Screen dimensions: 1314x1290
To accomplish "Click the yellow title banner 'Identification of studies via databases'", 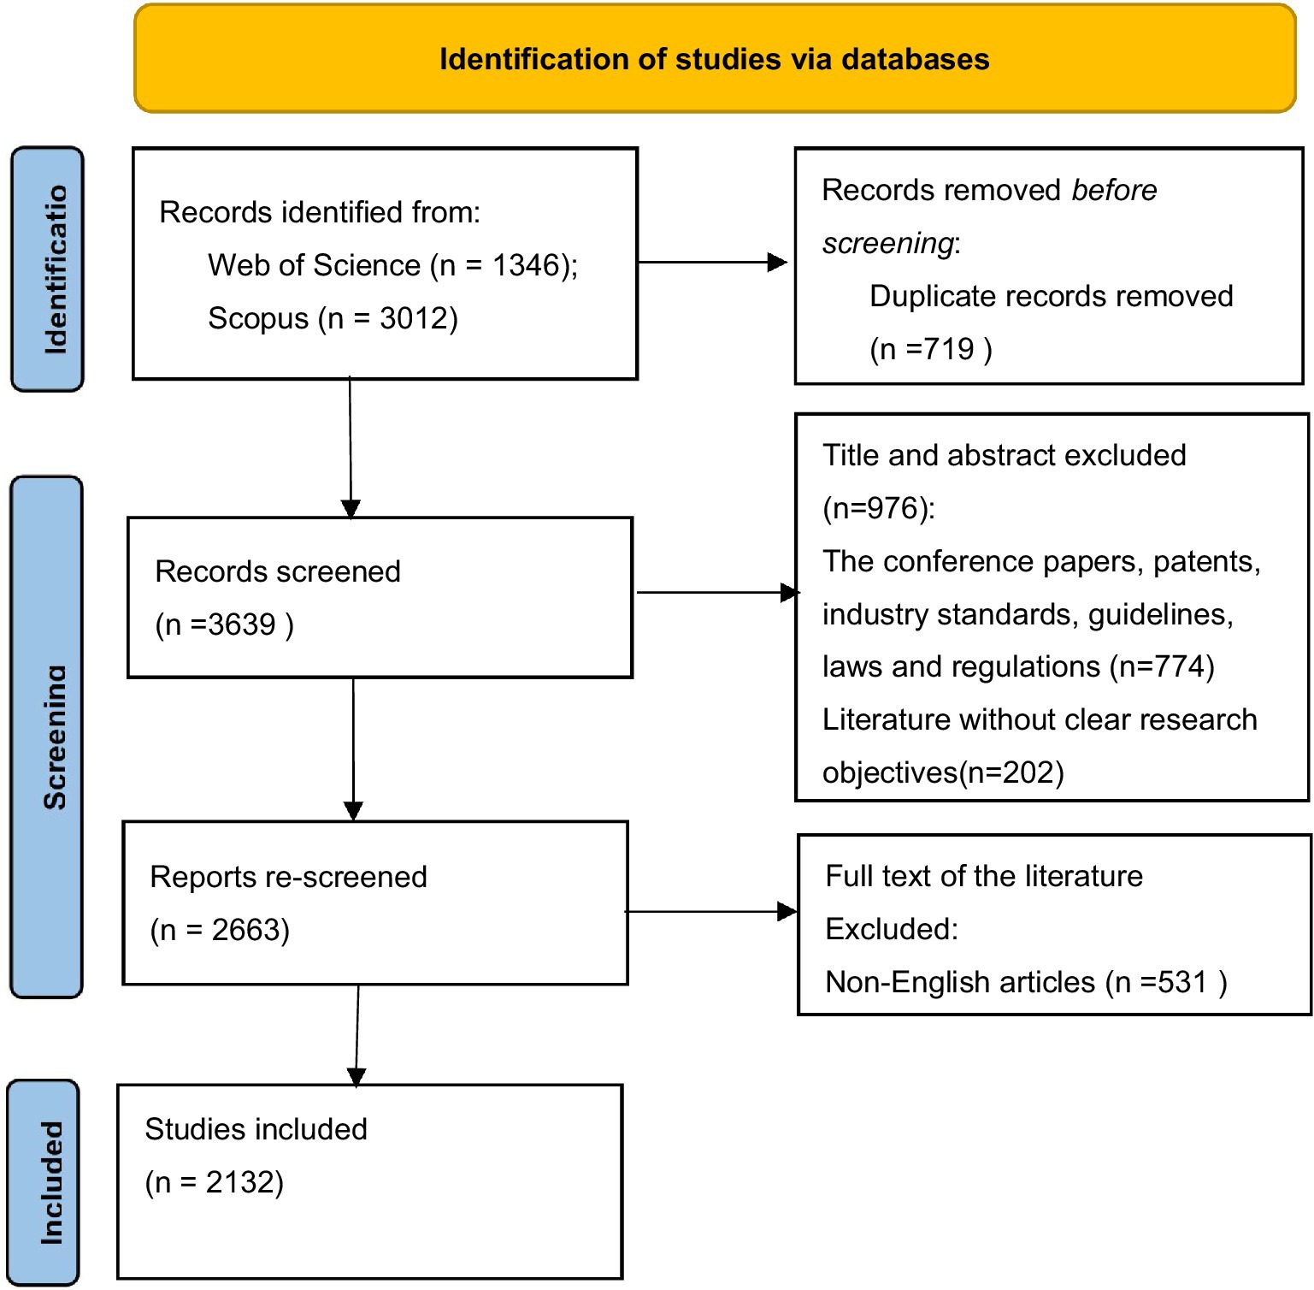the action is coord(715,58).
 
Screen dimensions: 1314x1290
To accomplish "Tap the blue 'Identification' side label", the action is coord(48,269).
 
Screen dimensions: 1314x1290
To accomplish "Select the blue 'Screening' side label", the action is coord(47,737).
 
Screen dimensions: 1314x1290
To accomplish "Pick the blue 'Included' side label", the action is coord(44,1182).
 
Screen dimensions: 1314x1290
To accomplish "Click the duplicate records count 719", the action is coord(948,349).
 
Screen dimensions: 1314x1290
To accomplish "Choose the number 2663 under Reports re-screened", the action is coord(246,930).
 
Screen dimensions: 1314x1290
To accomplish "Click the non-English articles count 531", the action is coord(1182,982).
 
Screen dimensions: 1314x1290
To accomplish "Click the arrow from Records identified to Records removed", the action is coord(712,263).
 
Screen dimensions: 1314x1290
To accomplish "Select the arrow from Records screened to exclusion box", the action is coord(718,592).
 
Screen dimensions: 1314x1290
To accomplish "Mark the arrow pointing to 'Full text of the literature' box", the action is coord(711,912).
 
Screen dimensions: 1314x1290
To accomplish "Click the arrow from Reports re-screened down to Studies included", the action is coord(357,1035).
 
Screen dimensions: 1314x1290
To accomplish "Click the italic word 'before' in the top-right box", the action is coord(1114,190).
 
